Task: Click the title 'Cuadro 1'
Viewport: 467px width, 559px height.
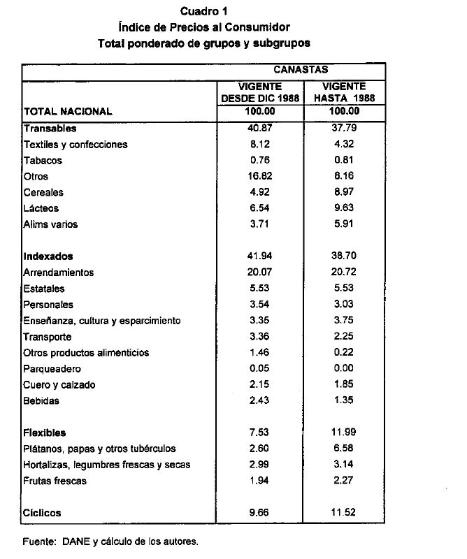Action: (204, 11)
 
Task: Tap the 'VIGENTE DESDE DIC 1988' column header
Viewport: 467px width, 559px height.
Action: (260, 93)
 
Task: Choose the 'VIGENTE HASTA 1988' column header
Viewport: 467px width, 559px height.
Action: (345, 93)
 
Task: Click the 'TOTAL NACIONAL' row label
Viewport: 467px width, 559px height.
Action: (68, 111)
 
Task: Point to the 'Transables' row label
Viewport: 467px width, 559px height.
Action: (50, 129)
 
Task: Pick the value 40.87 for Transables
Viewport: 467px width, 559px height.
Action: (260, 129)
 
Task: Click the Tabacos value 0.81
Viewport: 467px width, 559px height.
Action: (345, 161)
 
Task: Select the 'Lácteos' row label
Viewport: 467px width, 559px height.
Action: (41, 208)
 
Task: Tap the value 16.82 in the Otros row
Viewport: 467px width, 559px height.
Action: (260, 177)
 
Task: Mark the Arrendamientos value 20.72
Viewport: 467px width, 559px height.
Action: (345, 273)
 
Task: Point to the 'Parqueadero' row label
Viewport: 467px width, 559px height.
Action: (52, 369)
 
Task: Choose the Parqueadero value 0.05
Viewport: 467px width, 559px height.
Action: (260, 369)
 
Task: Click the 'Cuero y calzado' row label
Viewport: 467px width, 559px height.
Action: (59, 385)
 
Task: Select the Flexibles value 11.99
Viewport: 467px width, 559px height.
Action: (345, 433)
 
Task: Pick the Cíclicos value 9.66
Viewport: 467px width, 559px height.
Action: (260, 512)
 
